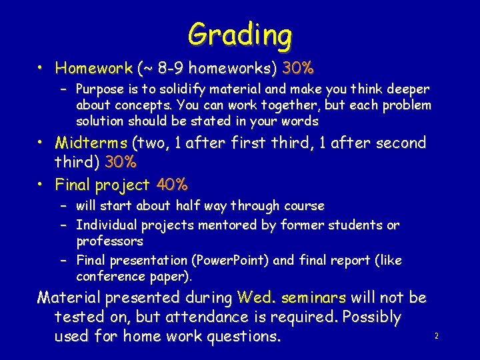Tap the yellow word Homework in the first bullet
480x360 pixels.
[94, 68]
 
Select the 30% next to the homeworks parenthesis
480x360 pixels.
[298, 68]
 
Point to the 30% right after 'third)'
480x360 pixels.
[121, 163]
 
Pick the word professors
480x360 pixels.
[110, 240]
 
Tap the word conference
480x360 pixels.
[108, 275]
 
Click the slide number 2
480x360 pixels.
[436, 337]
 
